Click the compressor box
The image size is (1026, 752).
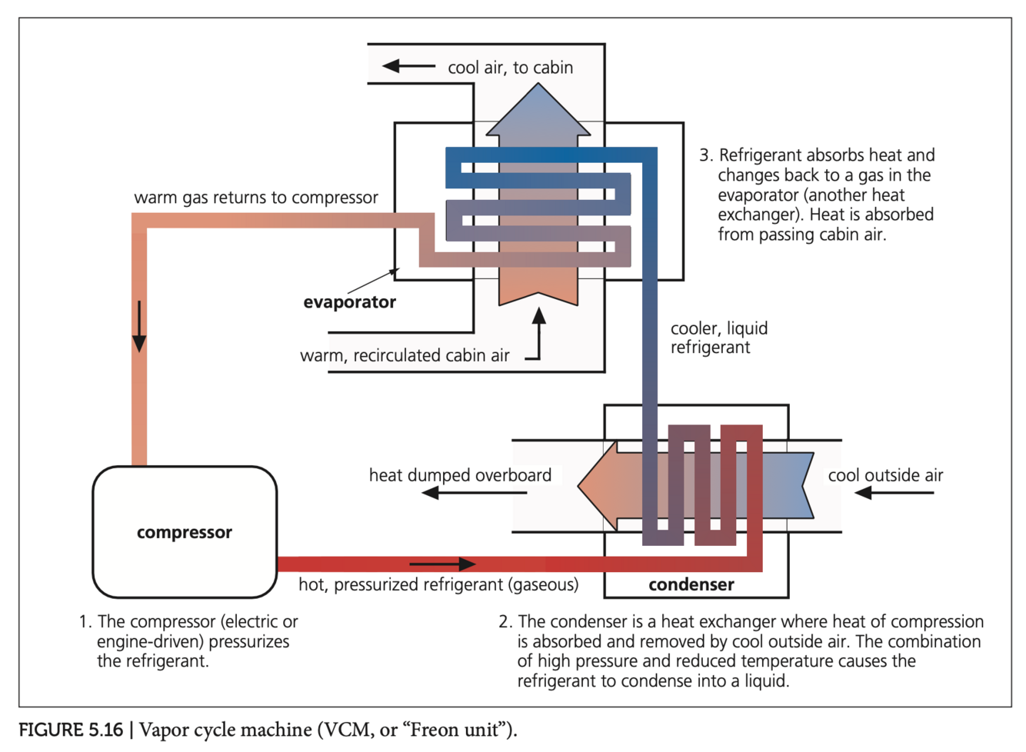click(185, 532)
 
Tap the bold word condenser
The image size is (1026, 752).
click(691, 584)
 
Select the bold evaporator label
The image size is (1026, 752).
click(349, 302)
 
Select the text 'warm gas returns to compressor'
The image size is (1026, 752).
click(256, 198)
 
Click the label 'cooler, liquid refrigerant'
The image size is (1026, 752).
click(718, 338)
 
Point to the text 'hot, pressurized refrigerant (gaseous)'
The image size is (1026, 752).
click(438, 584)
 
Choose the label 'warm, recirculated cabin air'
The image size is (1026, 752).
click(405, 355)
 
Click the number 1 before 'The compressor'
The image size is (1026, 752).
click(84, 621)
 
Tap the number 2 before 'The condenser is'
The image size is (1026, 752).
click(505, 621)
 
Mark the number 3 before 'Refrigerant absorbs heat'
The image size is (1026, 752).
click(705, 155)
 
